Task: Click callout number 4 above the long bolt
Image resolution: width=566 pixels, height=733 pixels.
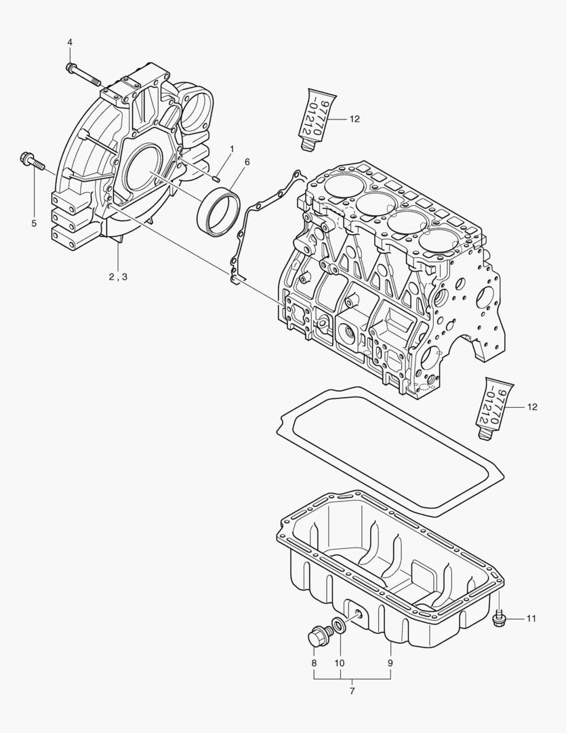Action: [x=70, y=43]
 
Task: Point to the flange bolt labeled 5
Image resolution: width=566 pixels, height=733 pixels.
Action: [x=31, y=162]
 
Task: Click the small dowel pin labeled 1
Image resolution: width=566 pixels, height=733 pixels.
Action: [x=214, y=178]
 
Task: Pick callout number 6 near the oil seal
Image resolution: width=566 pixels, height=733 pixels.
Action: [x=228, y=162]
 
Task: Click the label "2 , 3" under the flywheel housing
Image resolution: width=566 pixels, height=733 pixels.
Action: [x=117, y=276]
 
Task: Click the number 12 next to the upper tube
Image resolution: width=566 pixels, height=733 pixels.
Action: [x=355, y=119]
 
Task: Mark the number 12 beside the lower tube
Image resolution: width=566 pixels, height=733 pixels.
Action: [x=532, y=407]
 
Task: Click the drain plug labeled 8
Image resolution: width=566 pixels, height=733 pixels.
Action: [x=317, y=636]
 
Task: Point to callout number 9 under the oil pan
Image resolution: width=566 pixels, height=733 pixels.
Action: [x=390, y=662]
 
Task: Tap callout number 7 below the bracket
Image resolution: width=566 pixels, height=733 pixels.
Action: [x=352, y=691]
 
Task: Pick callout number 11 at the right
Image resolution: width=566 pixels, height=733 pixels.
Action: [x=531, y=618]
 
